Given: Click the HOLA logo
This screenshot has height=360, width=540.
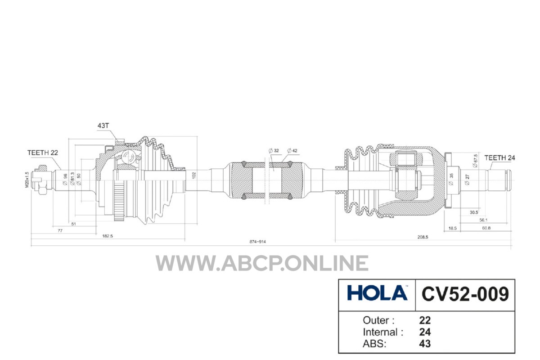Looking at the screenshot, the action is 377,293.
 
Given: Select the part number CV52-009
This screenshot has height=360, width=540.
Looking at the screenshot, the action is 465,293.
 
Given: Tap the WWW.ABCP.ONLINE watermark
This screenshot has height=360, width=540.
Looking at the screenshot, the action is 262,263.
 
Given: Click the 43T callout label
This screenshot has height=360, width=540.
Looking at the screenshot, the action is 103,126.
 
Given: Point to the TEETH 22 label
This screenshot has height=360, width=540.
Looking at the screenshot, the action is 43,153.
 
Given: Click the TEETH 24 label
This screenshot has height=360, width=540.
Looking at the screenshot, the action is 499,158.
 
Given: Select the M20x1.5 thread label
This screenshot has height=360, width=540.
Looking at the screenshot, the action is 27,180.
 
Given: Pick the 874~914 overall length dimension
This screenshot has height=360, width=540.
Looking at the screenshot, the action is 257,242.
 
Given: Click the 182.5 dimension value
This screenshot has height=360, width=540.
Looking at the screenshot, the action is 108,236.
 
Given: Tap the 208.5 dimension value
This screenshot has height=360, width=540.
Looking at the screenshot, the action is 423,237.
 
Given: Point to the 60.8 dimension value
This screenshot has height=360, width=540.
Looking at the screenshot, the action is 486,228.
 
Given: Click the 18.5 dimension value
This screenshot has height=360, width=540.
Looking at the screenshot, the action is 453,228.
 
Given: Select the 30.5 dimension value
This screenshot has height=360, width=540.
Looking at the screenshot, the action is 474,212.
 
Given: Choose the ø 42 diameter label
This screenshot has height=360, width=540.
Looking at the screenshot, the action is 292,151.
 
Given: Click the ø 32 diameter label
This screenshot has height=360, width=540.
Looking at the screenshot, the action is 274,151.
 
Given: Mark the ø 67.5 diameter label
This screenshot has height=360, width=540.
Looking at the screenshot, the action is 475,161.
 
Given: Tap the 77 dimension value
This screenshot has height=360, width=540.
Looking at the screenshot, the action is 60,230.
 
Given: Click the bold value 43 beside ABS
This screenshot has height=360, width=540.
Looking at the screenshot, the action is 425,344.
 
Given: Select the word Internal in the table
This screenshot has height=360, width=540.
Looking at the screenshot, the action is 380,332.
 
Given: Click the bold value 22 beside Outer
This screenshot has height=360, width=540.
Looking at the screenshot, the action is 425,320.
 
